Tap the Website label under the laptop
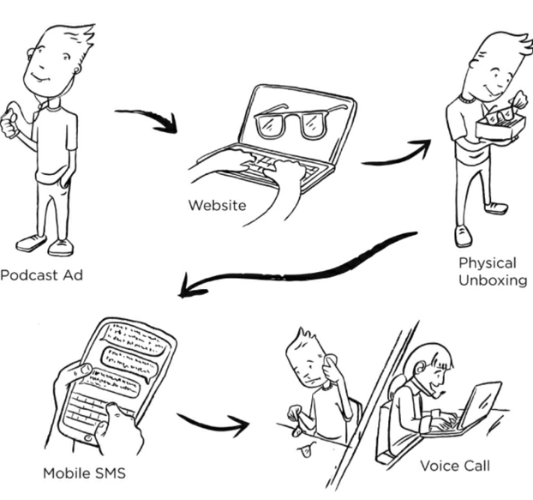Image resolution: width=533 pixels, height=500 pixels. (x=218, y=205)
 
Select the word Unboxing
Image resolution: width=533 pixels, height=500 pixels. (x=492, y=280)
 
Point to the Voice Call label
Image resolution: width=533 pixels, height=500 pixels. (x=454, y=466)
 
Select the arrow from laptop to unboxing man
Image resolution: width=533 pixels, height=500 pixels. (x=395, y=155)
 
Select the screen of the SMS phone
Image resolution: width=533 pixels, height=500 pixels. (x=123, y=360)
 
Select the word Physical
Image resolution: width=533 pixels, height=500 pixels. (x=487, y=262)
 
